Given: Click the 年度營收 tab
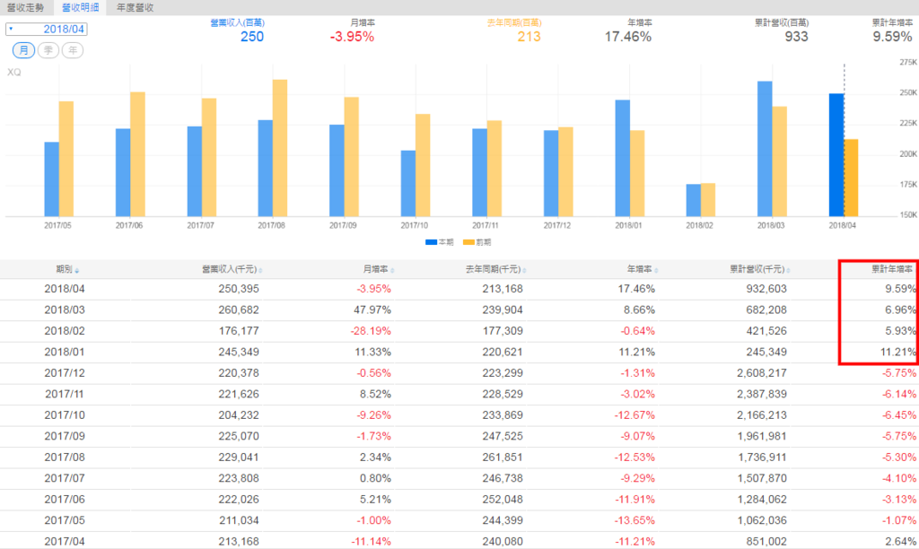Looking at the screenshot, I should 135,7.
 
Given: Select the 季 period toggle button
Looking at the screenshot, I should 48,51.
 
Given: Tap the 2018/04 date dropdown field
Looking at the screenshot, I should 58,29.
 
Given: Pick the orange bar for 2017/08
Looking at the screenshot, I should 280,147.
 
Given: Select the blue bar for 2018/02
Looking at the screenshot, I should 693,199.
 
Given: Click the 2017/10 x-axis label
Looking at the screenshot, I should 415,225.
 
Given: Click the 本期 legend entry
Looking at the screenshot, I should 439,242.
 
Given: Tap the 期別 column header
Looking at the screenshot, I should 65,268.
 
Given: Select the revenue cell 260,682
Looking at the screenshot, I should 238,309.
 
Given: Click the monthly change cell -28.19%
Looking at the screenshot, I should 371,331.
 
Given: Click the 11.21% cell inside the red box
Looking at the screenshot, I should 897,353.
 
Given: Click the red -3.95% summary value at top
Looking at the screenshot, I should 352,37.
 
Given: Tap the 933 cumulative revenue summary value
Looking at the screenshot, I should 795,37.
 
